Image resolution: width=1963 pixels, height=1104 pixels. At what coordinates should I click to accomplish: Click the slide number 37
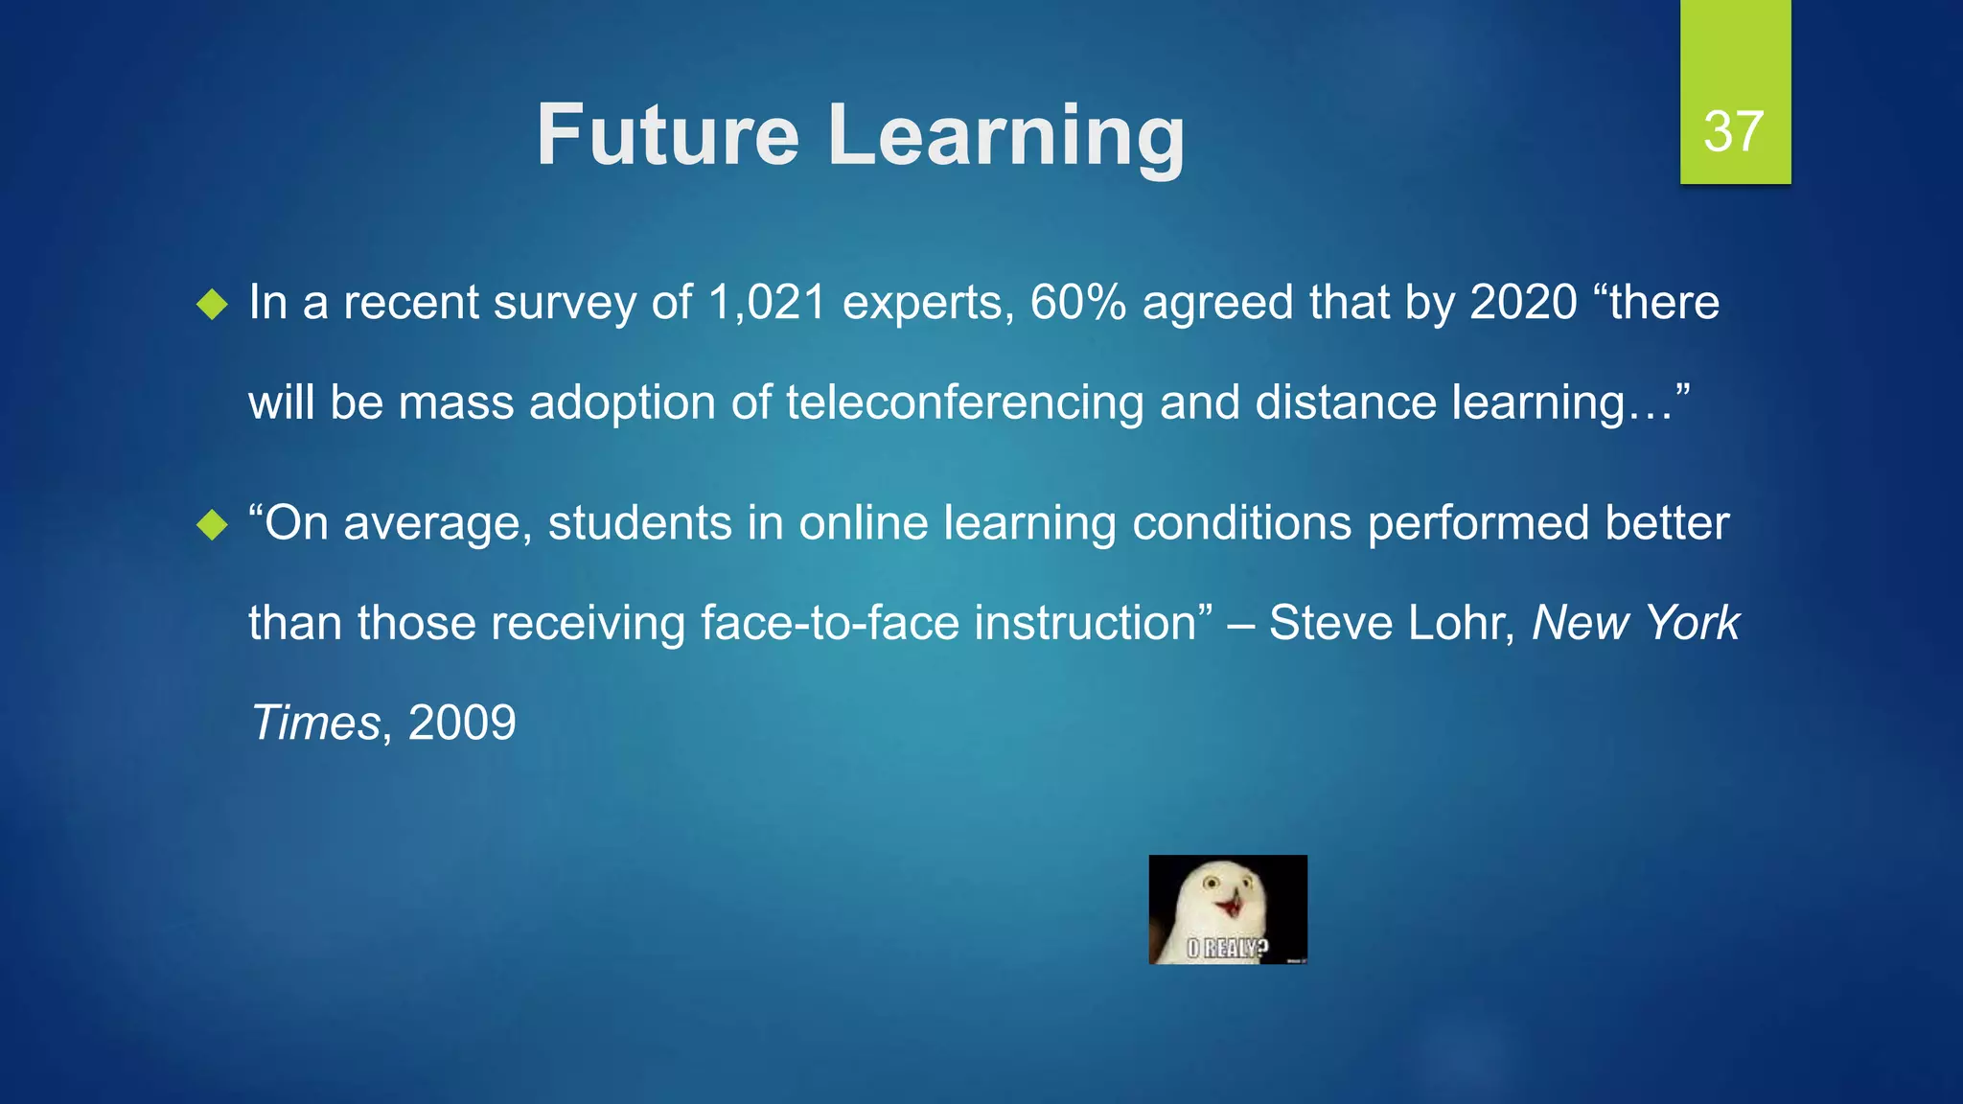[1733, 131]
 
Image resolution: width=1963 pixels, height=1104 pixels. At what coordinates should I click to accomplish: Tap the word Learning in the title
[1006, 137]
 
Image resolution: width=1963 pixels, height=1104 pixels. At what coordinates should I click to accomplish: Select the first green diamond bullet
[212, 306]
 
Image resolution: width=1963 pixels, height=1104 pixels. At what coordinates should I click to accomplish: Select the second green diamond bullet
[212, 525]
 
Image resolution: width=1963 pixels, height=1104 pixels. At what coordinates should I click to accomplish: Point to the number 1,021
[767, 303]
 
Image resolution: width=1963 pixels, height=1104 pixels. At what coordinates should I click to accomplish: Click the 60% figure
[1078, 303]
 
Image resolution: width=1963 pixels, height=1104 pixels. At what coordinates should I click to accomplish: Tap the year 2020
[1524, 303]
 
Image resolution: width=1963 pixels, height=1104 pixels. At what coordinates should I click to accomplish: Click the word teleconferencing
[965, 402]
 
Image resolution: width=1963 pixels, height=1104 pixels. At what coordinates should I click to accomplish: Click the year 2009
[462, 723]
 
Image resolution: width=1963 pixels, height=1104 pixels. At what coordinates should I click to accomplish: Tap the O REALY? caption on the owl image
[1227, 949]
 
